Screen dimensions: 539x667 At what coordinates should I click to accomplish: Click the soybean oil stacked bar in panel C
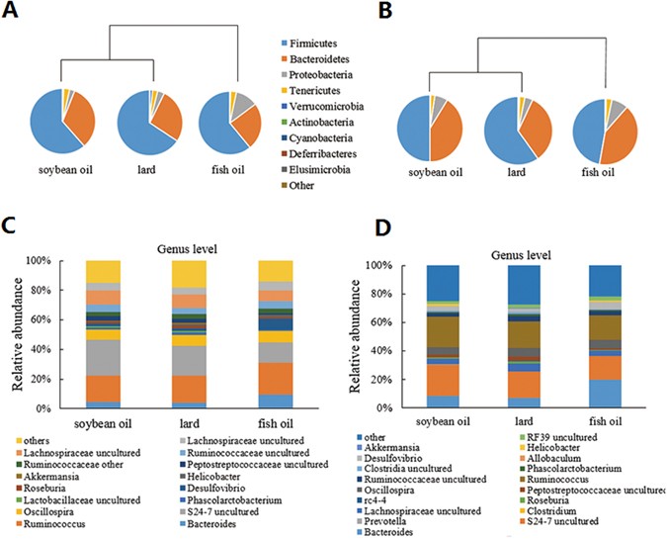pyautogui.click(x=104, y=334)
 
